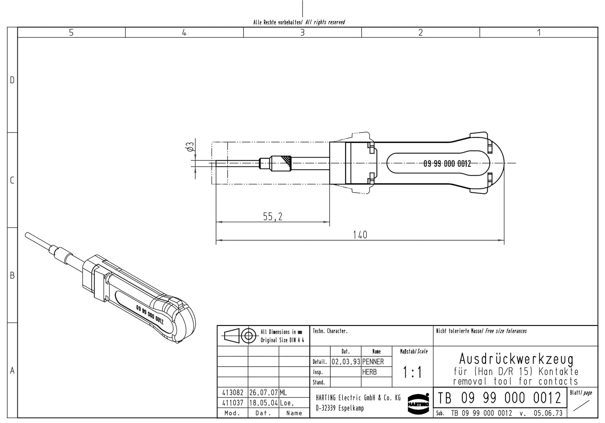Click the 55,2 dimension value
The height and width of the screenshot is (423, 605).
273,217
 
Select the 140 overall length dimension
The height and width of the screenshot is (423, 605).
360,235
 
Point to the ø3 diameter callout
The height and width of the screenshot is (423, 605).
190,147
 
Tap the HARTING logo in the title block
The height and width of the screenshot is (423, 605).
418,404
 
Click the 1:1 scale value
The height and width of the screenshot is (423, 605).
412,372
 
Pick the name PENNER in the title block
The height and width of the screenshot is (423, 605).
373,361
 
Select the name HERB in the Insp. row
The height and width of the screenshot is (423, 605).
369,372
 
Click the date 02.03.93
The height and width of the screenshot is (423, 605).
346,361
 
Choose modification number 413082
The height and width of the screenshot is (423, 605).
233,392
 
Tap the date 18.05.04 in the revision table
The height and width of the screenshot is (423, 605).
263,403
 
